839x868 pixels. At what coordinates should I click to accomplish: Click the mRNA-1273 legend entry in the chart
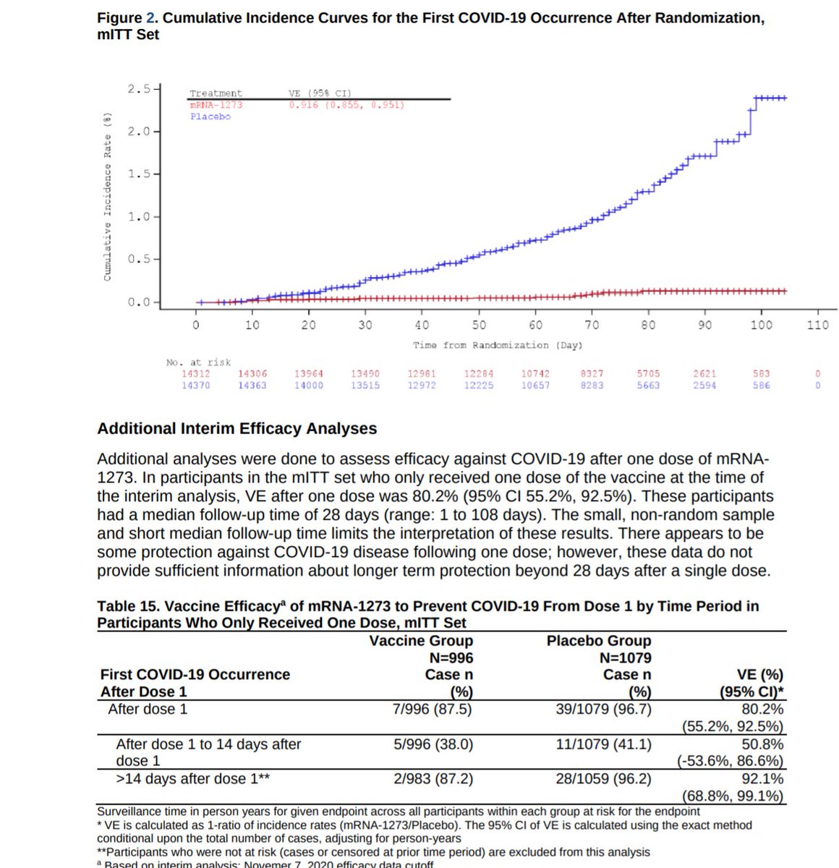click(216, 105)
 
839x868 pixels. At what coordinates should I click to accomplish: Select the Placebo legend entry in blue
click(210, 116)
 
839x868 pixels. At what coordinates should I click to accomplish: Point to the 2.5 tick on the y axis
click(139, 89)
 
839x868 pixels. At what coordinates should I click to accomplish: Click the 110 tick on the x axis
click(817, 325)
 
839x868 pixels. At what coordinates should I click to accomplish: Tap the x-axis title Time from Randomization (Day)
click(498, 345)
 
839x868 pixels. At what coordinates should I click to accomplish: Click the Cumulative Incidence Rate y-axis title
click(108, 196)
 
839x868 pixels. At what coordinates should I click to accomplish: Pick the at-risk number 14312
click(197, 374)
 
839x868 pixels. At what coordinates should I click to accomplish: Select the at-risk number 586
click(761, 386)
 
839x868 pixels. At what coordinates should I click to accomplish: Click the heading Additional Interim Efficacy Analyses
click(237, 428)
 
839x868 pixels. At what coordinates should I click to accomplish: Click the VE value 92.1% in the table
click(762, 779)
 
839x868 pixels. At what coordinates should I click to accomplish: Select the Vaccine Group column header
click(421, 641)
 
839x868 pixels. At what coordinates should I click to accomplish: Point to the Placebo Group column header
click(599, 641)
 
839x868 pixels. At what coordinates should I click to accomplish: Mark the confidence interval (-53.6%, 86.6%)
click(730, 762)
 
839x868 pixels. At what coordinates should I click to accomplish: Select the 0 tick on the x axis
click(195, 325)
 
